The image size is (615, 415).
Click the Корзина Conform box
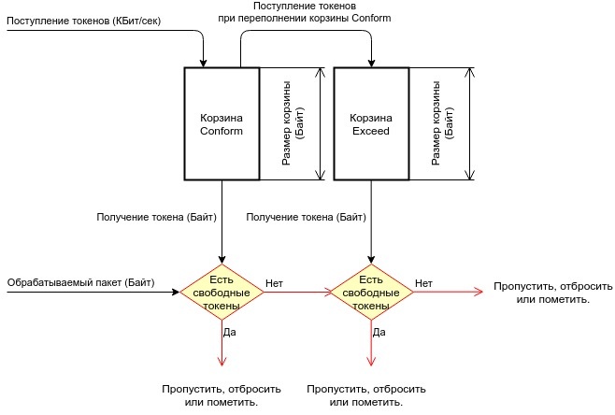pyautogui.click(x=222, y=123)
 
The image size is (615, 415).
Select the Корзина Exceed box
pyautogui.click(x=370, y=123)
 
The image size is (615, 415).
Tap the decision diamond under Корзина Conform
pyautogui.click(x=222, y=293)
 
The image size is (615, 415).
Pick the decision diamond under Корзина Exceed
pyautogui.click(x=371, y=293)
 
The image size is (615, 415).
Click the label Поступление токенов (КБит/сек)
pyautogui.click(x=81, y=20)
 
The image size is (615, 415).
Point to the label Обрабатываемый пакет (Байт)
pyautogui.click(x=80, y=281)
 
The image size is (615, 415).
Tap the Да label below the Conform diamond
pyautogui.click(x=230, y=333)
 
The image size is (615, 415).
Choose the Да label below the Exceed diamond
pyautogui.click(x=379, y=331)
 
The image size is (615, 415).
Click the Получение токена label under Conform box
pyautogui.click(x=157, y=217)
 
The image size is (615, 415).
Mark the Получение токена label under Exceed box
pyautogui.click(x=306, y=217)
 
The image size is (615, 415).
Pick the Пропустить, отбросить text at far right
pyautogui.click(x=554, y=293)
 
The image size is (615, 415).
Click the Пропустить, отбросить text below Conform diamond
pyautogui.click(x=222, y=394)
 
